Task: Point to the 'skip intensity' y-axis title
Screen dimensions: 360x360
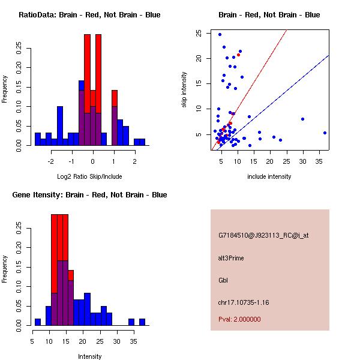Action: point(185,90)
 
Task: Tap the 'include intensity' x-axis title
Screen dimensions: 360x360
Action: point(269,176)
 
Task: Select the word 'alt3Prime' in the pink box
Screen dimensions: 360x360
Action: point(231,258)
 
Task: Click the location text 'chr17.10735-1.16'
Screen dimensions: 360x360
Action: point(244,302)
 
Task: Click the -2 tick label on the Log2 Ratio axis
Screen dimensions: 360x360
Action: point(51,161)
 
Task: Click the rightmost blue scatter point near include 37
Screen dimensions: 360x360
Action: point(325,133)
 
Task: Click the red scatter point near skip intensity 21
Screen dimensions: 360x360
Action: point(238,55)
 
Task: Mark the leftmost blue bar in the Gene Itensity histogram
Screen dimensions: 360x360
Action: point(38,322)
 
